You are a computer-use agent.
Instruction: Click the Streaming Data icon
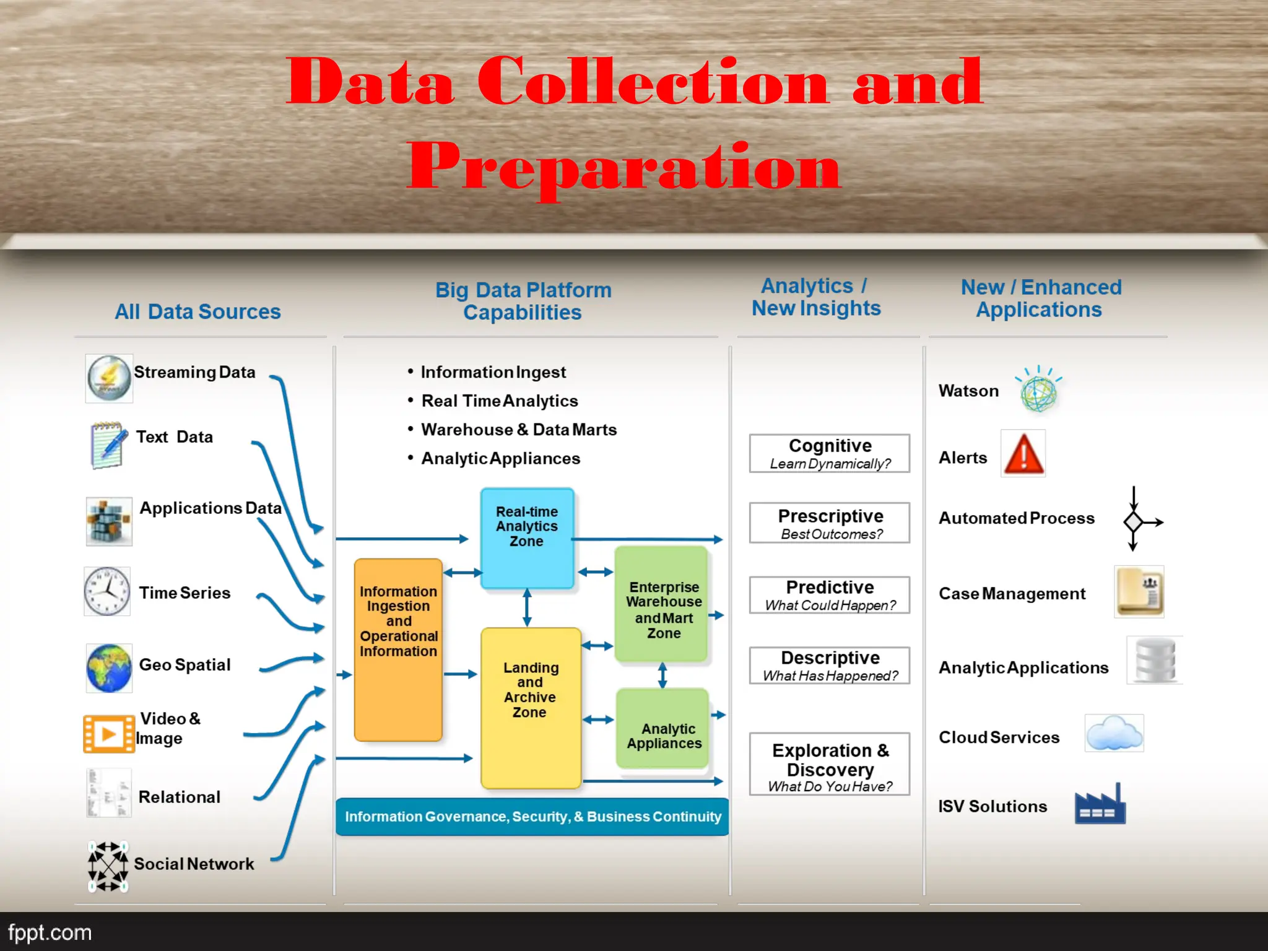click(109, 378)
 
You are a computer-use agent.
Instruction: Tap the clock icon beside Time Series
click(107, 591)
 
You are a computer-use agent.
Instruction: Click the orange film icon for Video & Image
click(109, 734)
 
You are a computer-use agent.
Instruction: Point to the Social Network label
click(194, 864)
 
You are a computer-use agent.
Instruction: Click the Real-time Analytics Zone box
click(527, 537)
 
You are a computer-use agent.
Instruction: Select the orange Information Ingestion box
click(398, 649)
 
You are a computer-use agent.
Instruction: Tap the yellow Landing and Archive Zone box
click(531, 708)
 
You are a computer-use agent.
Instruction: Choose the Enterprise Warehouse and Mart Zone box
click(661, 604)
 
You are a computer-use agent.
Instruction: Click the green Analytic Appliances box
click(662, 729)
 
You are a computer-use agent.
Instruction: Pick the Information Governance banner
click(532, 817)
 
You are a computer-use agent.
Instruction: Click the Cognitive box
click(830, 453)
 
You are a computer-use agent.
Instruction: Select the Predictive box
click(830, 595)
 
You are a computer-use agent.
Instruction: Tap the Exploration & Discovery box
click(830, 764)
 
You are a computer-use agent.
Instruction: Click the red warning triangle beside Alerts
click(1023, 454)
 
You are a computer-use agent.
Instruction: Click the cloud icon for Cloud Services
click(1114, 733)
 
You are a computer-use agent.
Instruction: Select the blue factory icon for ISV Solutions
click(1100, 805)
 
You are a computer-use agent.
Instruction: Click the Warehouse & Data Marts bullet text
click(519, 430)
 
